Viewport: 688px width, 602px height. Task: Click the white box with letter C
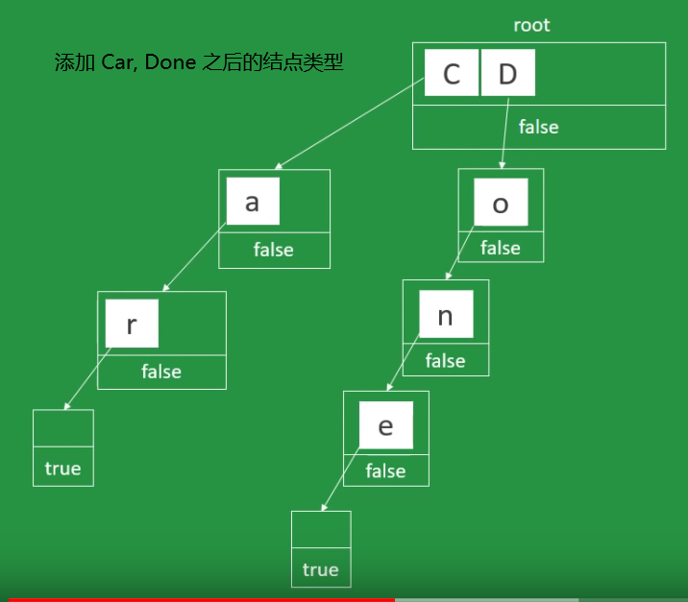click(451, 74)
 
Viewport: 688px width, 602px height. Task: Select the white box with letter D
click(507, 74)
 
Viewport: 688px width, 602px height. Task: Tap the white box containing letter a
click(252, 203)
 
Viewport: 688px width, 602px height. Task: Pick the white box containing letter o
click(500, 205)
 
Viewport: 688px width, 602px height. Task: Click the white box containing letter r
click(131, 325)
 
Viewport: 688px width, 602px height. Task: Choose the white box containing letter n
click(445, 316)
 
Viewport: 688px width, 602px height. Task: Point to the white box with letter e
click(385, 425)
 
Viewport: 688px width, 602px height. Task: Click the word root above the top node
click(531, 25)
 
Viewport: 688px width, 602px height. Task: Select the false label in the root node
click(538, 127)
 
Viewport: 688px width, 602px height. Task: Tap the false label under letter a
click(274, 250)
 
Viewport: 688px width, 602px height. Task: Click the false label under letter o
click(500, 248)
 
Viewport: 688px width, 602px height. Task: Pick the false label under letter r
click(161, 371)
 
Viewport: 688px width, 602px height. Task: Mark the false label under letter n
click(445, 361)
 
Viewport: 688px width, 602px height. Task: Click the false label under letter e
click(385, 470)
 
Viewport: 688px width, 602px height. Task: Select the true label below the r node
click(62, 469)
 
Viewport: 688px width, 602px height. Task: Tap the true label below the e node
click(320, 569)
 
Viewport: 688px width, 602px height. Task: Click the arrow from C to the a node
click(351, 123)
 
